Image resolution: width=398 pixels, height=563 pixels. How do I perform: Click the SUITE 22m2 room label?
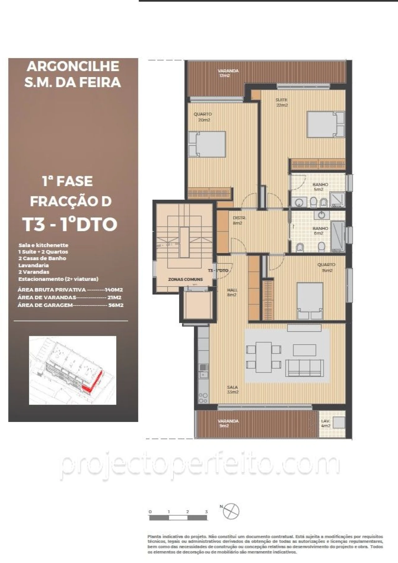(282, 103)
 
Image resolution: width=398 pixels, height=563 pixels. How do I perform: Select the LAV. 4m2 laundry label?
(326, 423)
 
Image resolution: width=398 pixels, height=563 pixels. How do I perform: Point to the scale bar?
(178, 518)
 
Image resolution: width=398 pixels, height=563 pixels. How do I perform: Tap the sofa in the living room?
(304, 368)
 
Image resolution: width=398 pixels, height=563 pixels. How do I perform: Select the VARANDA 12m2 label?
(228, 73)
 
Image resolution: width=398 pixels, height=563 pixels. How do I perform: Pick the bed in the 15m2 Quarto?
(310, 300)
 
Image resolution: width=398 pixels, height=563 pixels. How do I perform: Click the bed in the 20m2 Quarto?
(207, 144)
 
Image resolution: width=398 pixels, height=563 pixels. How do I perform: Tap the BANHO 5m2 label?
(320, 187)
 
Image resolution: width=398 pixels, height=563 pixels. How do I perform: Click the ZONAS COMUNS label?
(185, 279)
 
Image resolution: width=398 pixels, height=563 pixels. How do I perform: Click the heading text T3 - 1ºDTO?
(71, 224)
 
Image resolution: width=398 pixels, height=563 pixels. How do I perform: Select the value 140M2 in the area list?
(114, 290)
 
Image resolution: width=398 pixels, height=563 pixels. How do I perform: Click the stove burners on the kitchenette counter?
(203, 398)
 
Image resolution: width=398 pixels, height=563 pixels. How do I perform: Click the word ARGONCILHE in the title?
(73, 66)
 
